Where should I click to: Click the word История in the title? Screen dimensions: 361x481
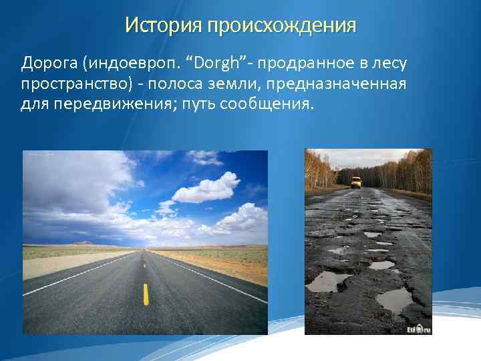(x=163, y=25)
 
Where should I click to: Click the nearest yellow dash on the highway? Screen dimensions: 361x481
(x=146, y=293)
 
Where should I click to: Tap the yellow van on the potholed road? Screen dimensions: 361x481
(x=356, y=182)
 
